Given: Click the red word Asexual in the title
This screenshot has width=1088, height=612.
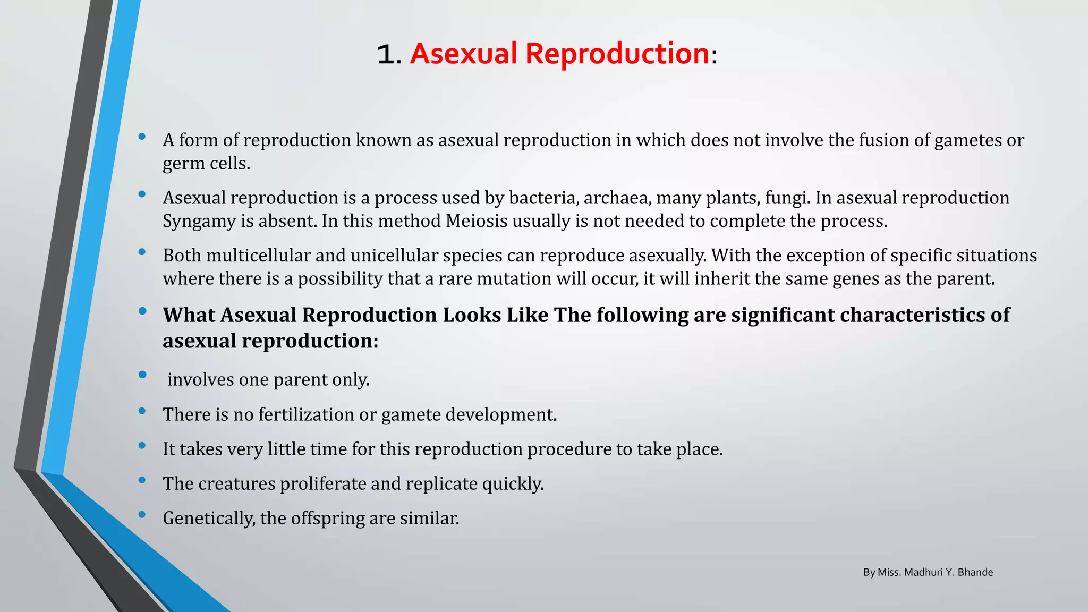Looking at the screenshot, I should [x=463, y=54].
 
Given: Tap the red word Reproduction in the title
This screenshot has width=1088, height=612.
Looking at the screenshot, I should [x=617, y=54].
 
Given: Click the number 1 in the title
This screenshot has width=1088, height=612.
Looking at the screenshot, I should [x=386, y=55].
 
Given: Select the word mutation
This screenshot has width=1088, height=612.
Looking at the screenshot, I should [x=514, y=279].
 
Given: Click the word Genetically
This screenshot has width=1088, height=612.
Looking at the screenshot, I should [x=209, y=518].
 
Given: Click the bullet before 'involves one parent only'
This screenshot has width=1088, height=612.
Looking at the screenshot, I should [x=142, y=375].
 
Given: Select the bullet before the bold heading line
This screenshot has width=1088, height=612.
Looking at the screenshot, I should [x=142, y=311].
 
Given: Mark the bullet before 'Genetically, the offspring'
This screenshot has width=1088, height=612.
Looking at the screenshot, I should [x=142, y=514].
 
